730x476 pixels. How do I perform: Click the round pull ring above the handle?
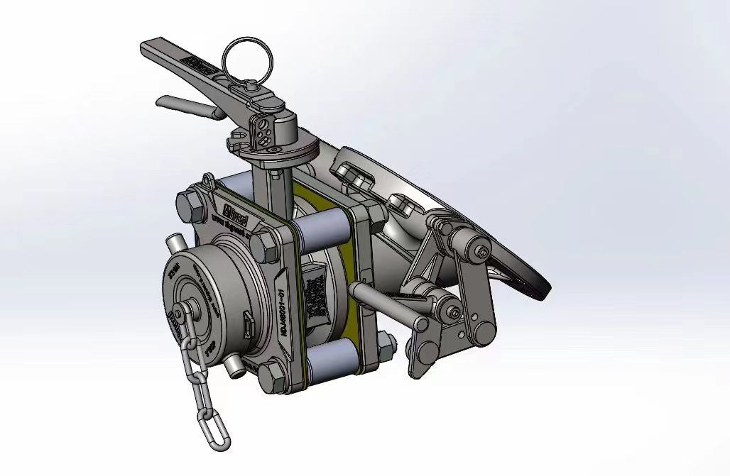click(245, 57)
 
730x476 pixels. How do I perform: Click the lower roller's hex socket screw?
click(452, 309)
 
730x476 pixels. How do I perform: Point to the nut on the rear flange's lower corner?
click(386, 344)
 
